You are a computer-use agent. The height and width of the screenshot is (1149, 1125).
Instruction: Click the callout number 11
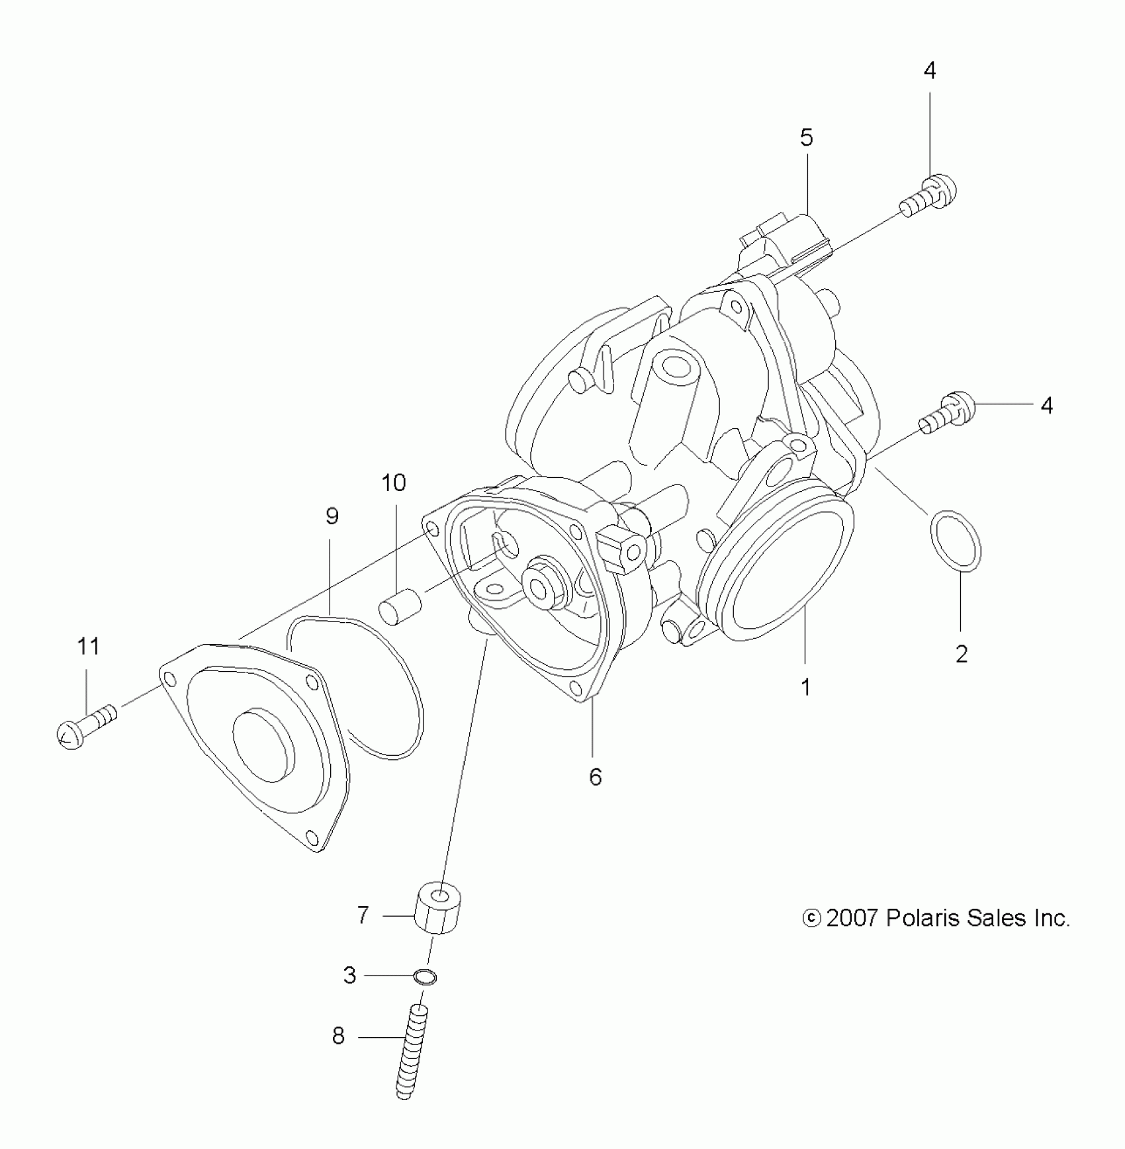[89, 646]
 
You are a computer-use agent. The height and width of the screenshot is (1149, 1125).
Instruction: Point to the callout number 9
[332, 516]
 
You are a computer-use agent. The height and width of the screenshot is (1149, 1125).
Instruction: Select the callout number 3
[349, 975]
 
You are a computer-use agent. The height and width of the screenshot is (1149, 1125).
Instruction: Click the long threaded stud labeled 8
[411, 1052]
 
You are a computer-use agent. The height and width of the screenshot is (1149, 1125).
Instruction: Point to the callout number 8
[338, 1036]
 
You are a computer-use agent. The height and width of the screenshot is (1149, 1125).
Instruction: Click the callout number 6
[595, 776]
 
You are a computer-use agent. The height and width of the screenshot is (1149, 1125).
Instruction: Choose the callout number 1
[805, 688]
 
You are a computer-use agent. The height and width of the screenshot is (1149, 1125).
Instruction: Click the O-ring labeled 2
[956, 540]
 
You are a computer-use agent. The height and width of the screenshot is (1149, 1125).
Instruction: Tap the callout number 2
[962, 654]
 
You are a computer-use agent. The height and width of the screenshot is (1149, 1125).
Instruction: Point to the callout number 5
[806, 138]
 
